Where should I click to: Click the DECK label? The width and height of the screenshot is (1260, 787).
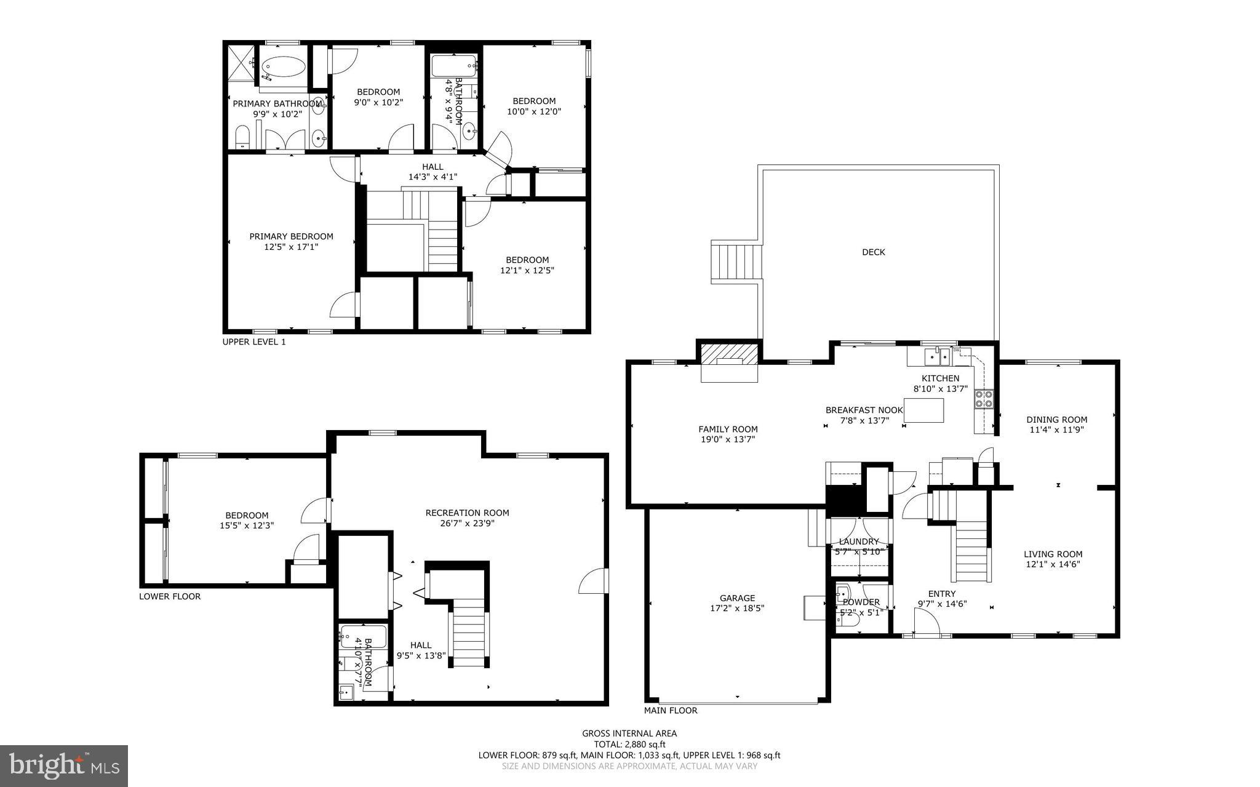pyautogui.click(x=873, y=252)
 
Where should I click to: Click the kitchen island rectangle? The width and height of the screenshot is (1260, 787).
pyautogui.click(x=924, y=410)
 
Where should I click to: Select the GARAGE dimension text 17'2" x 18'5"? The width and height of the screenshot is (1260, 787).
pyautogui.click(x=737, y=609)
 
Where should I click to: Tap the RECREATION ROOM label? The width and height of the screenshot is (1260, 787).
pyautogui.click(x=467, y=513)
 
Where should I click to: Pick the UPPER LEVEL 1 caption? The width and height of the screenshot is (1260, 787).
pyautogui.click(x=253, y=342)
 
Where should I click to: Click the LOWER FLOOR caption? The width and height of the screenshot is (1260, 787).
pyautogui.click(x=169, y=596)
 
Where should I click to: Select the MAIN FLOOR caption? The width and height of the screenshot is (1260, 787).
pyautogui.click(x=670, y=711)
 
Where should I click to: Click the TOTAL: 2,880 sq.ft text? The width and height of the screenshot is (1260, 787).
pyautogui.click(x=629, y=744)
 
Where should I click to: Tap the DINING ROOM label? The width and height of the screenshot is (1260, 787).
pyautogui.click(x=1056, y=420)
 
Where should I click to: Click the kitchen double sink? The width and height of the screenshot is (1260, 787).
pyautogui.click(x=939, y=356)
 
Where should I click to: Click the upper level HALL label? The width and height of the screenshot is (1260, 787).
pyautogui.click(x=433, y=167)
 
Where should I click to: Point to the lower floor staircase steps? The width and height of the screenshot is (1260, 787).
pyautogui.click(x=469, y=634)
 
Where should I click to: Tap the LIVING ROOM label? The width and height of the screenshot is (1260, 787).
pyautogui.click(x=1053, y=554)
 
